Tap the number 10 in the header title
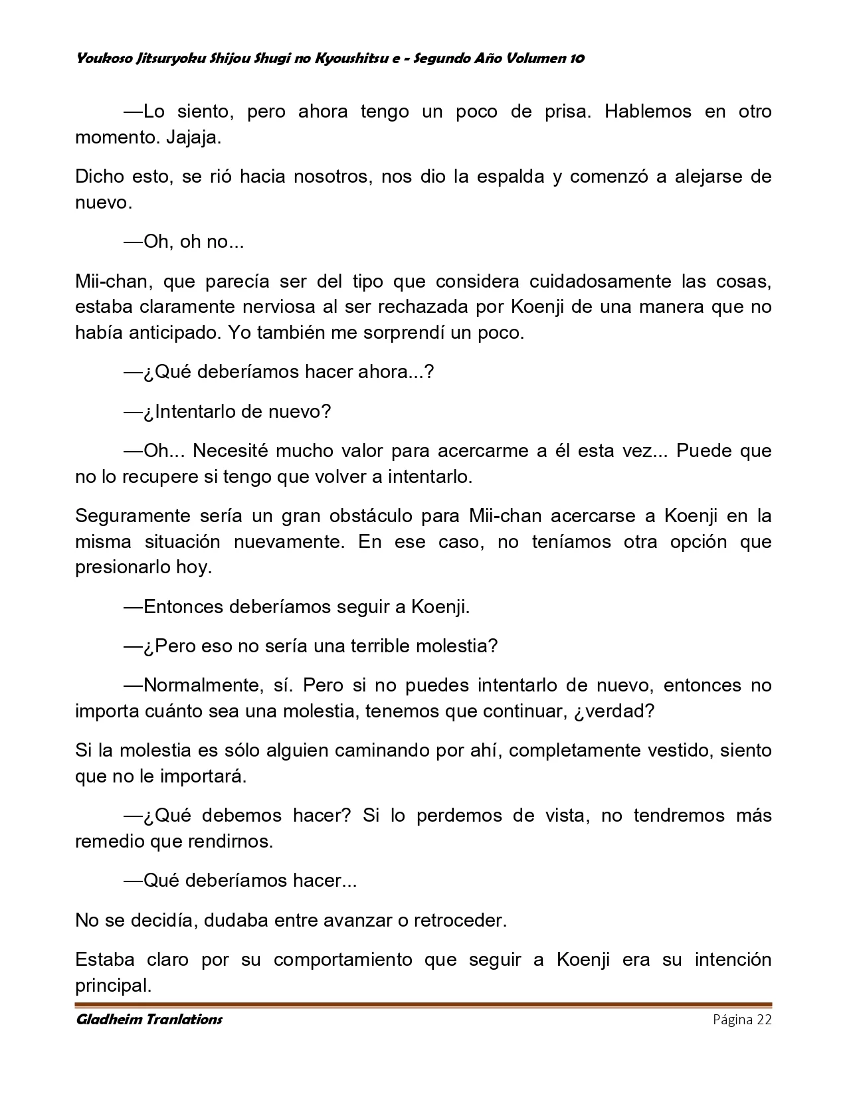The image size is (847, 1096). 577,58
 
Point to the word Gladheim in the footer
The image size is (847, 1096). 107,1020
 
